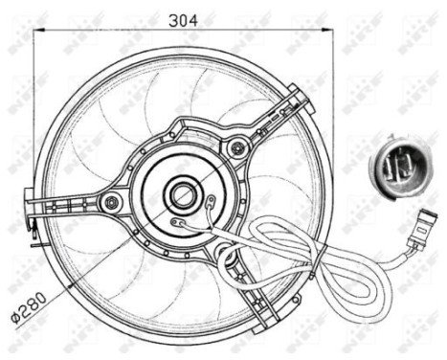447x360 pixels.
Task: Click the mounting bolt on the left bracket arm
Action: click(112, 201)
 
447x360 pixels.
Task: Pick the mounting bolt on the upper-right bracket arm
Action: click(235, 146)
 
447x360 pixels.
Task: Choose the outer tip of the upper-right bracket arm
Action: click(300, 91)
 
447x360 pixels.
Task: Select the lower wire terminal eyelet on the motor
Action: click(174, 225)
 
